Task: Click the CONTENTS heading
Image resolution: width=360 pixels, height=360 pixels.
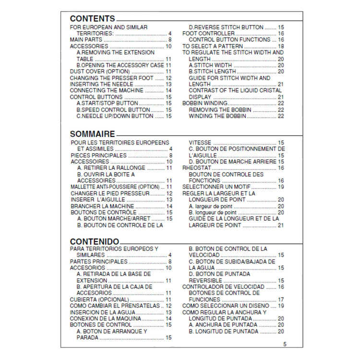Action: tap(93, 19)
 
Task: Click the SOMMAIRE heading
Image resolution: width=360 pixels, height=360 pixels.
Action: tap(93, 134)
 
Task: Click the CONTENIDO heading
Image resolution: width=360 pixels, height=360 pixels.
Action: tap(95, 241)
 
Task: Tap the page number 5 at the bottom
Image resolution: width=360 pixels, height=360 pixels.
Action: tap(285, 344)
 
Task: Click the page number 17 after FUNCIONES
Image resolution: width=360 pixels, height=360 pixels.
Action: tap(281, 300)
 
